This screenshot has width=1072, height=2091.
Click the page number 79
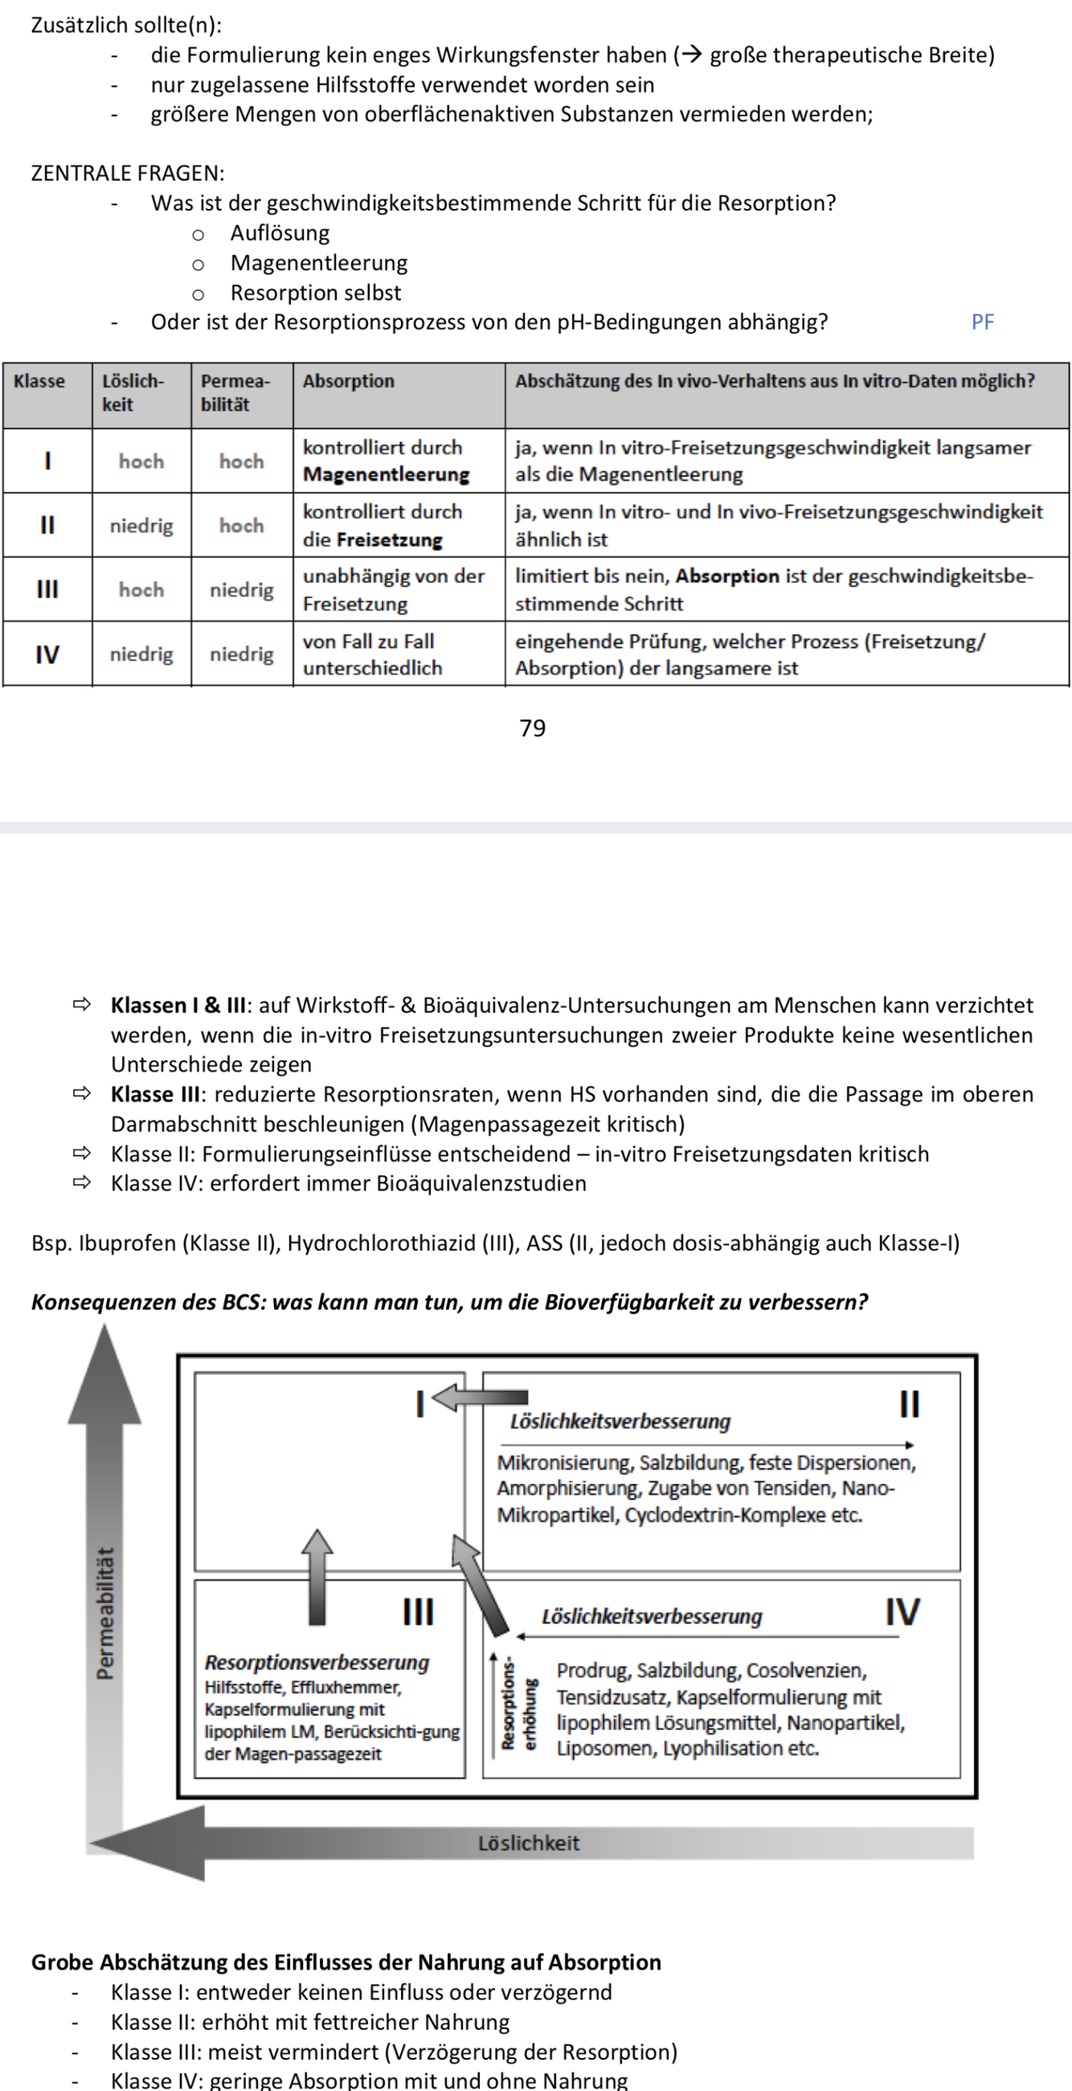(x=532, y=728)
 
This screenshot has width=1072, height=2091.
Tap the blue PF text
(x=982, y=322)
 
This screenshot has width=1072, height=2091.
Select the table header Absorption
(x=348, y=382)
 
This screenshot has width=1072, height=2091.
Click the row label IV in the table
(x=47, y=654)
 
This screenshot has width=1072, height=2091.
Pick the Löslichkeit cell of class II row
(x=141, y=526)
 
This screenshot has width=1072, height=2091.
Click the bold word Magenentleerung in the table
(x=387, y=475)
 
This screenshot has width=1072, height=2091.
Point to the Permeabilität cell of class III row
(x=242, y=590)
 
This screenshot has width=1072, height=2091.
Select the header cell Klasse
(x=39, y=382)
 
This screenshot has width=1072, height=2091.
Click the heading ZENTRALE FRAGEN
(x=128, y=174)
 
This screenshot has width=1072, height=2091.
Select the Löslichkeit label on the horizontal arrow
(x=528, y=1843)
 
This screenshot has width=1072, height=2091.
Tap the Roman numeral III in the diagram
(x=418, y=1612)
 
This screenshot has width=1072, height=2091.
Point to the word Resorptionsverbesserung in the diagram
(x=317, y=1663)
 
